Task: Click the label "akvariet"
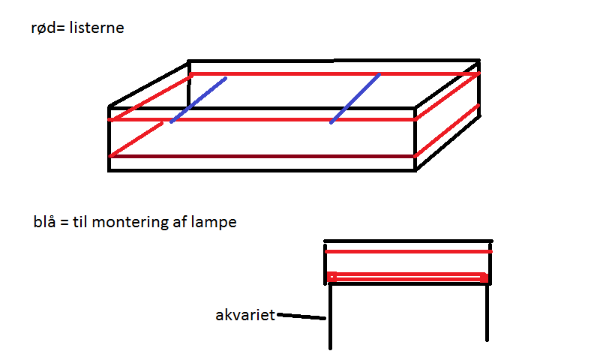tap(244, 314)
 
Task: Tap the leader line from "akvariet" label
tap(302, 316)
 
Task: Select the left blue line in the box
tap(198, 99)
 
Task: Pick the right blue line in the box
tap(355, 98)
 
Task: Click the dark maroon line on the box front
tap(262, 156)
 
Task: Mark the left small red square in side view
tap(332, 276)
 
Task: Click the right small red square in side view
tap(484, 277)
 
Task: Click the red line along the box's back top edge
tap(334, 74)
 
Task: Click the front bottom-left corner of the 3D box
tap(110, 170)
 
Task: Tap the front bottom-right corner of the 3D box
tap(415, 170)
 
